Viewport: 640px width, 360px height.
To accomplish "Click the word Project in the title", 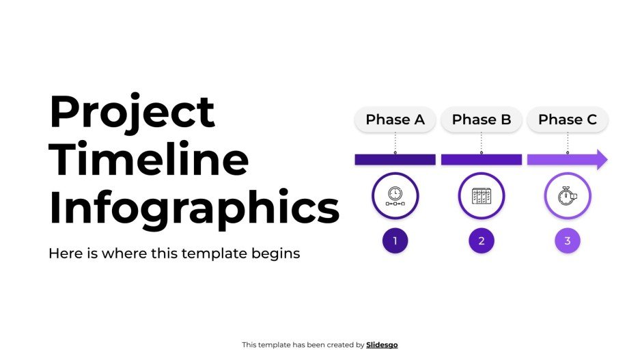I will click(132, 113).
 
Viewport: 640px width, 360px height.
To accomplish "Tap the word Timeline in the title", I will click(149, 160).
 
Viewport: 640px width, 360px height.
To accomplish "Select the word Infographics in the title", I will click(194, 208).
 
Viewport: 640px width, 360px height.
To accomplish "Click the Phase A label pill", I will click(395, 120).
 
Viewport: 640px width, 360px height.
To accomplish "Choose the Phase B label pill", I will click(481, 120).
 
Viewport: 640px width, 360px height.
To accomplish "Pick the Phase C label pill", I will click(567, 120).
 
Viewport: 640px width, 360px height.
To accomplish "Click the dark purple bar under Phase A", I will click(395, 159).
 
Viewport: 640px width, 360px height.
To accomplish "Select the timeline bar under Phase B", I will click(481, 159).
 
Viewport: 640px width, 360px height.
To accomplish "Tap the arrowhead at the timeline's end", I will click(600, 159).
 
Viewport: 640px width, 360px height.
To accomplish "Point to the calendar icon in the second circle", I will click(481, 196).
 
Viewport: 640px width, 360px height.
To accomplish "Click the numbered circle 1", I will click(395, 240).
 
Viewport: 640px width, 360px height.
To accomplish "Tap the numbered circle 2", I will click(481, 240).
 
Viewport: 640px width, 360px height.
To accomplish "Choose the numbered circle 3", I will click(567, 240).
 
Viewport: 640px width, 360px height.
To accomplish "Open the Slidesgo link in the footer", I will click(382, 345).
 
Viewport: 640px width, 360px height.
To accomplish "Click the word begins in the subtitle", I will click(277, 253).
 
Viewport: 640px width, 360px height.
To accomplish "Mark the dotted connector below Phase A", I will click(395, 142).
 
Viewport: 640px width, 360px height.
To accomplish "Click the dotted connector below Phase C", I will click(567, 142).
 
